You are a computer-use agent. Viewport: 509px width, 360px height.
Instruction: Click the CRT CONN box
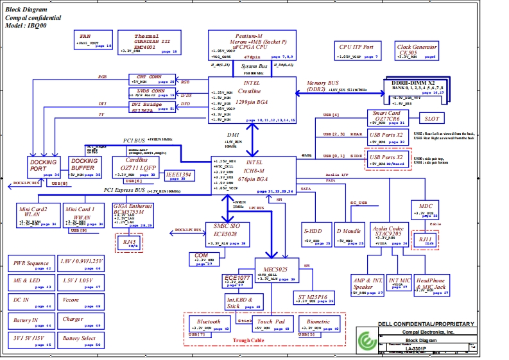151,79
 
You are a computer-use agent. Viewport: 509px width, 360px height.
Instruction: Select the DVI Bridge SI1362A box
151,106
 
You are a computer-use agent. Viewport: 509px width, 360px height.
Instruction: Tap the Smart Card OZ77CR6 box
388,118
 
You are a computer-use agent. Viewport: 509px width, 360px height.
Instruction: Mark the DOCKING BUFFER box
84,166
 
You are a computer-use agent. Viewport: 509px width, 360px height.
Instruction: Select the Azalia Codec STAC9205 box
386,233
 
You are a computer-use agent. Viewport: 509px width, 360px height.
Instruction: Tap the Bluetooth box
209,324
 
